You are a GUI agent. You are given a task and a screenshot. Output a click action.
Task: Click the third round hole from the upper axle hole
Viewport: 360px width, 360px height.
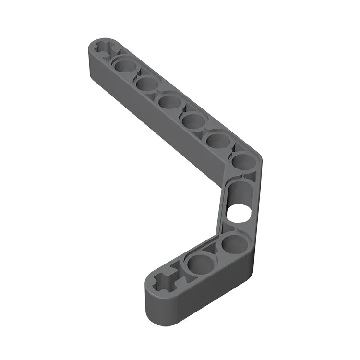point(169,102)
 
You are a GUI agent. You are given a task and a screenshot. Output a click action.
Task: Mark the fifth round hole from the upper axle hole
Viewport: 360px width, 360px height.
point(216,140)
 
